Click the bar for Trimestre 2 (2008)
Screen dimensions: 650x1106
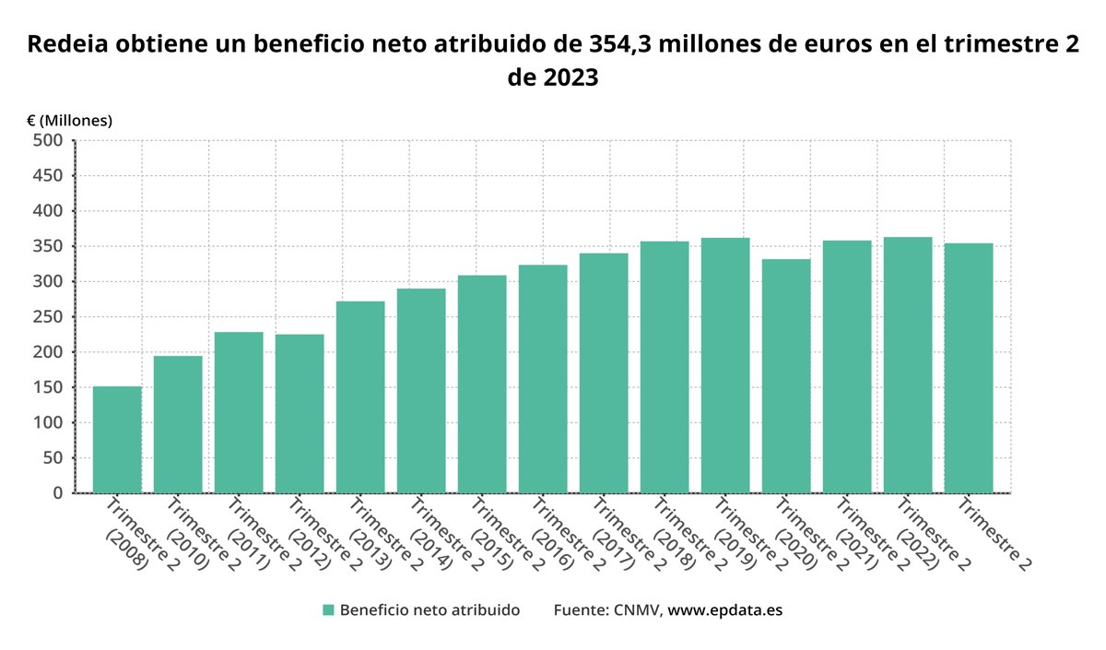tap(117, 440)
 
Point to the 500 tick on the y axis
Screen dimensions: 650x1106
tap(49, 140)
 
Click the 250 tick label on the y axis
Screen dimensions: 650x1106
tap(49, 316)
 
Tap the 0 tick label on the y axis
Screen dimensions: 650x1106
tap(57, 492)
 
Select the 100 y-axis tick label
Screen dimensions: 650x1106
tap(49, 422)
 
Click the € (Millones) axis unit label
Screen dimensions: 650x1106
tap(69, 120)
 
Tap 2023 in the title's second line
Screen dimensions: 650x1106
tap(571, 78)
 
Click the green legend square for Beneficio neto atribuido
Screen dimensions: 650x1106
tap(328, 609)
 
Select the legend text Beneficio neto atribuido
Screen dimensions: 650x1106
tap(429, 609)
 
